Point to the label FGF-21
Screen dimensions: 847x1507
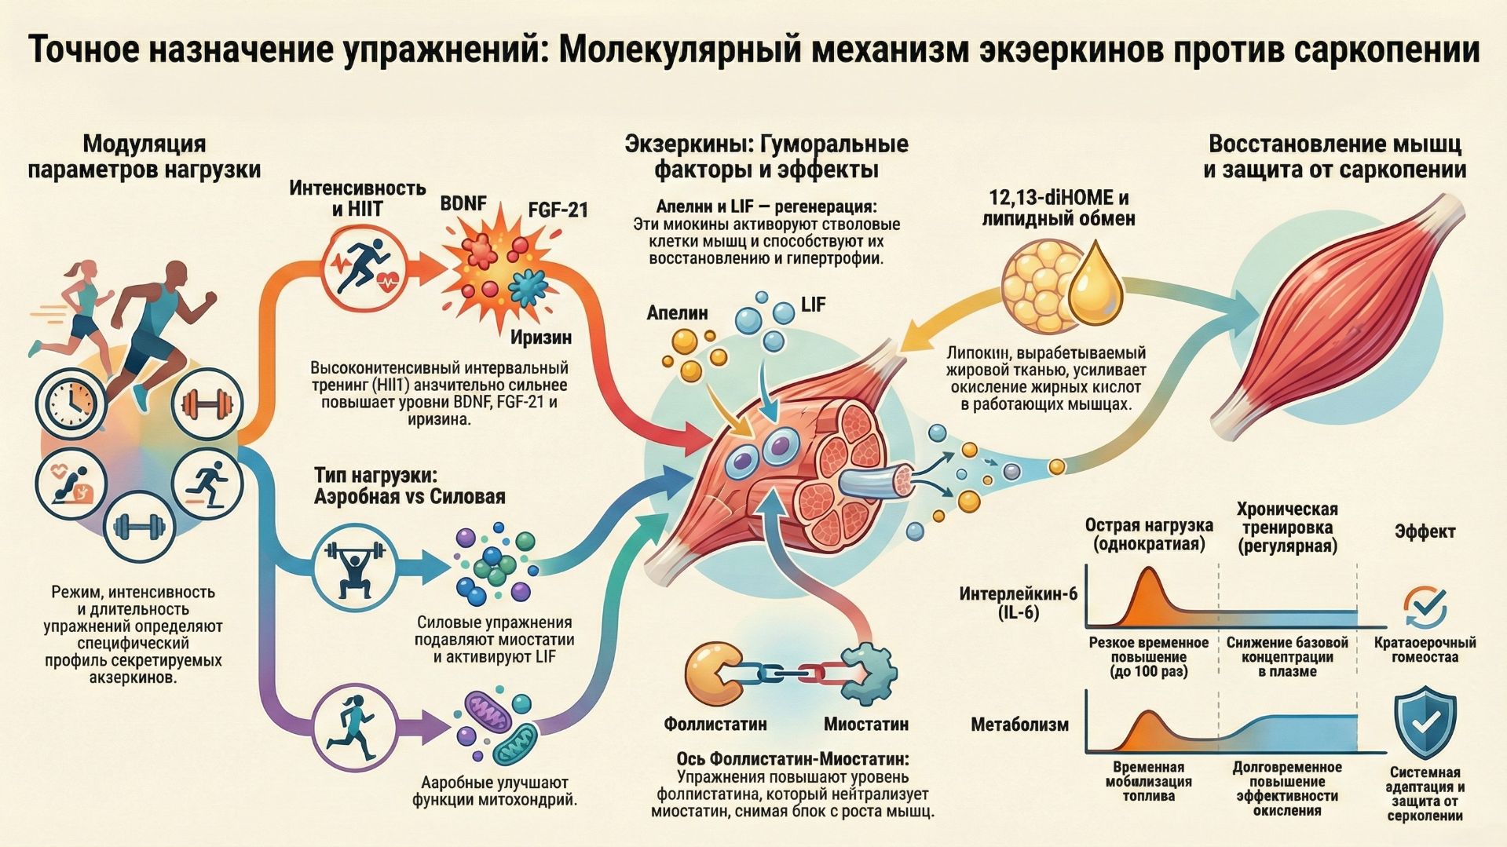pos(558,210)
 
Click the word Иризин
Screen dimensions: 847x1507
pos(541,338)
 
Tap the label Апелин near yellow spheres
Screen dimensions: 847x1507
pos(677,312)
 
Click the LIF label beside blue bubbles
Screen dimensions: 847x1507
pos(813,305)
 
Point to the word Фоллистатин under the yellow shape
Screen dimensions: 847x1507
pos(715,724)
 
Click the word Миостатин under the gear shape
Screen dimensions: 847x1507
pos(866,724)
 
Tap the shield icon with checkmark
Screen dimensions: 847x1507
pos(1425,724)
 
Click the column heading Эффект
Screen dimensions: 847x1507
pos(1425,531)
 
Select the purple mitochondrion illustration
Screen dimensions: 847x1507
pos(488,714)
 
